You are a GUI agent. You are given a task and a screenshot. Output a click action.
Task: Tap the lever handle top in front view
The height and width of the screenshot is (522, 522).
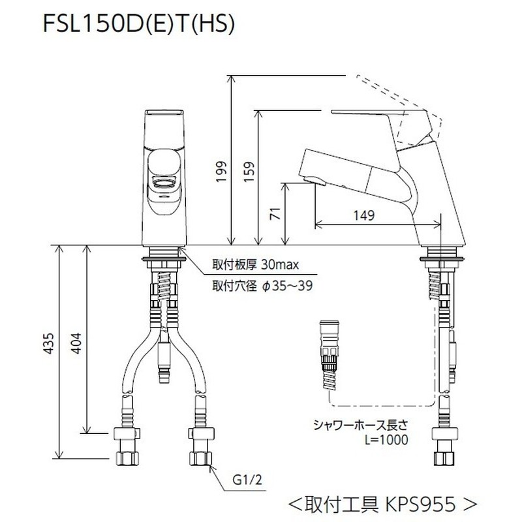tap(162, 115)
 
